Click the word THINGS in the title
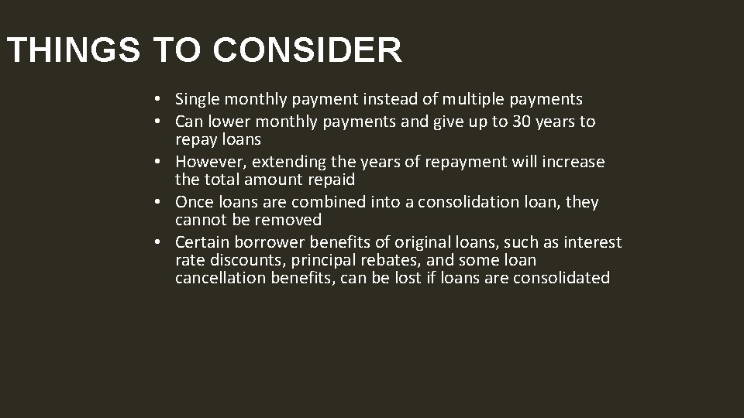click(74, 51)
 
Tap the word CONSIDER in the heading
click(307, 51)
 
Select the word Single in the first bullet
click(198, 99)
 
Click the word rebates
click(395, 260)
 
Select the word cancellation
click(221, 278)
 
